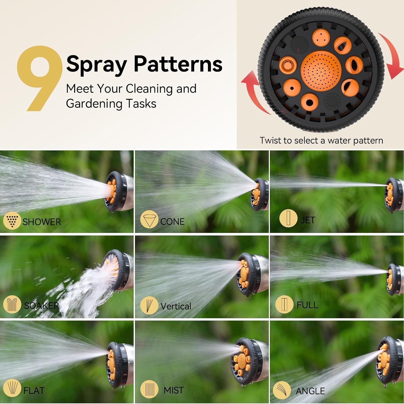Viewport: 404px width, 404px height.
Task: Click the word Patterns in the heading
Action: click(x=178, y=64)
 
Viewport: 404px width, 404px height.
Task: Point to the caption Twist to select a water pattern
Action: click(x=321, y=140)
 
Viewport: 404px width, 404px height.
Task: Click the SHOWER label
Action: click(x=42, y=222)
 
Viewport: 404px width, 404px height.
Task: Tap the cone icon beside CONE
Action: click(x=149, y=220)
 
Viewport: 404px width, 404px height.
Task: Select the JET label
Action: click(x=308, y=220)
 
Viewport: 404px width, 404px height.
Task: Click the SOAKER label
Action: click(x=41, y=305)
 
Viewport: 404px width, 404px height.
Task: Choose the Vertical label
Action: click(x=176, y=306)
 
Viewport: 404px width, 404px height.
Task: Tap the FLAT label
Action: click(x=34, y=390)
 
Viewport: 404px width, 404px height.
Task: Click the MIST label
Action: click(x=173, y=390)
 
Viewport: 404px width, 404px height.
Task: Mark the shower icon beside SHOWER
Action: click(x=12, y=221)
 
